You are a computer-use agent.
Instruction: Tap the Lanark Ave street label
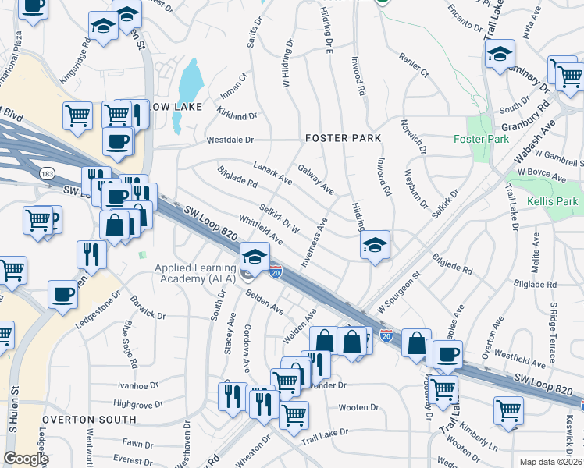point(272,173)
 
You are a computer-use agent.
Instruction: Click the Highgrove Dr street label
point(137,404)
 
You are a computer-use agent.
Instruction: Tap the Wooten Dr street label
point(358,407)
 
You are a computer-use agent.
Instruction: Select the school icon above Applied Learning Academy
point(255,255)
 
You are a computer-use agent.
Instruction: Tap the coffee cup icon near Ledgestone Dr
point(62,295)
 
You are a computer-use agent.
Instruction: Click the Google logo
point(26,459)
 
